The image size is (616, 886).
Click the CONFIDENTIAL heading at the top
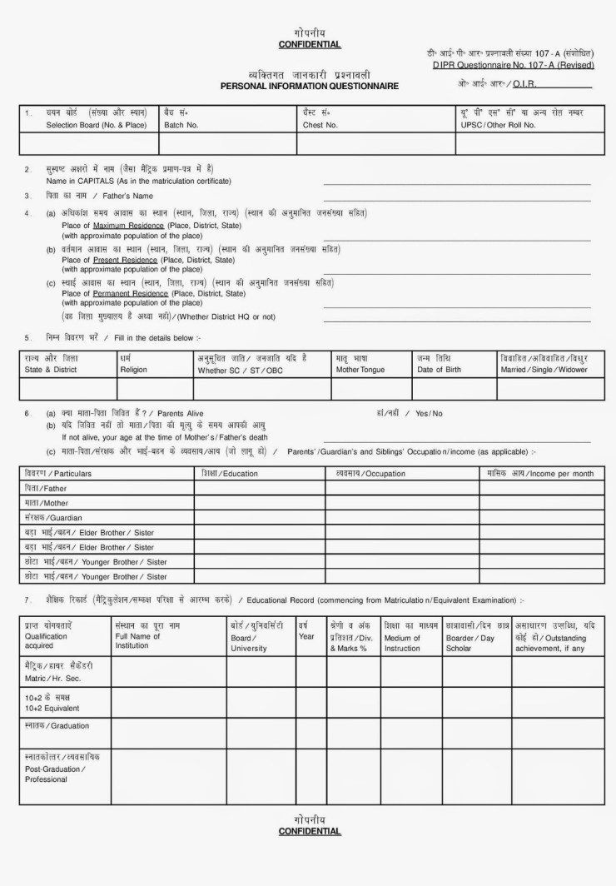pos(309,44)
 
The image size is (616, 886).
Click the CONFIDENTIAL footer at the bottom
pos(309,831)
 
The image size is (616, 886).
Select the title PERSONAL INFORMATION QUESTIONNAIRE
pos(309,86)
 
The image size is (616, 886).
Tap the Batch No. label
pos(181,125)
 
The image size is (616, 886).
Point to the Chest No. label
pos(320,125)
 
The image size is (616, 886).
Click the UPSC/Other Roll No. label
pos(498,125)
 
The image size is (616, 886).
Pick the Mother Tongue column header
pos(360,369)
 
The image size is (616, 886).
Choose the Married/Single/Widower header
pos(544,369)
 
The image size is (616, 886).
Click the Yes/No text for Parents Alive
pos(429,413)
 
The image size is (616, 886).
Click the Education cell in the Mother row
pos(259,503)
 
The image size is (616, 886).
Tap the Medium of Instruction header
pos(402,643)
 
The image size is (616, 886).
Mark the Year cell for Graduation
pos(310,733)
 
